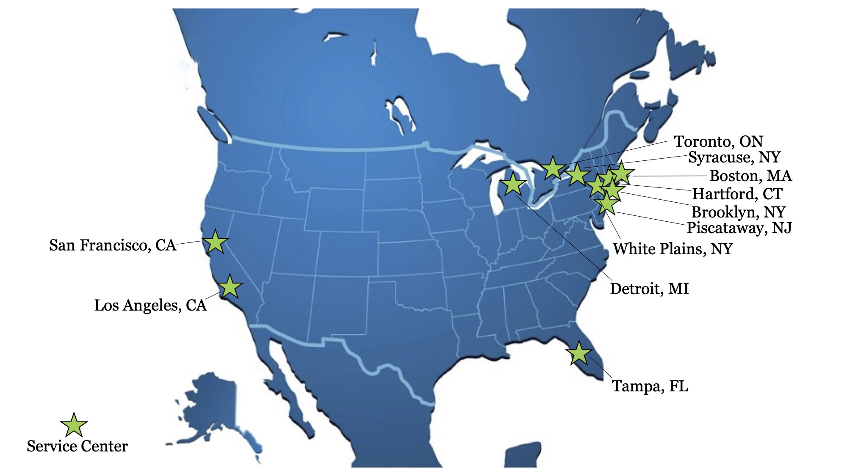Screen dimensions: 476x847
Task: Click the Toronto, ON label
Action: tap(718, 141)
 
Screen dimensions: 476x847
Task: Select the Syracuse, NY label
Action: tap(734, 157)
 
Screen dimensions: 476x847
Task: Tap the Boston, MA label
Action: tap(750, 176)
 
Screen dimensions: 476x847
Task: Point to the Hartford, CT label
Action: tap(737, 194)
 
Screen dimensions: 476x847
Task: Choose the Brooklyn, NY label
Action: tap(738, 212)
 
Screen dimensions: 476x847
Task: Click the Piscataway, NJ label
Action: tap(739, 228)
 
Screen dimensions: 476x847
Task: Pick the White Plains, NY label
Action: tap(673, 249)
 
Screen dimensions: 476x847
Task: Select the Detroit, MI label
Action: tap(649, 289)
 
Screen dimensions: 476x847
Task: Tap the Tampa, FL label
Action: tap(650, 386)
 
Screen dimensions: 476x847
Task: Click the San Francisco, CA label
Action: tap(112, 245)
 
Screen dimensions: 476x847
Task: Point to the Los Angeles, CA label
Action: tap(150, 305)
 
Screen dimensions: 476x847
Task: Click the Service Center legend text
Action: tap(77, 446)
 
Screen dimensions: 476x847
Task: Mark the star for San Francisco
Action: tap(215, 242)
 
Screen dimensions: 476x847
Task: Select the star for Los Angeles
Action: tap(230, 286)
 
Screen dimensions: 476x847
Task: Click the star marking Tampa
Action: tap(579, 354)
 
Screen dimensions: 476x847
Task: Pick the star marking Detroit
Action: tap(513, 184)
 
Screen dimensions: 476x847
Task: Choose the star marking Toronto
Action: tap(553, 168)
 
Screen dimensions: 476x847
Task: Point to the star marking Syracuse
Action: tap(577, 174)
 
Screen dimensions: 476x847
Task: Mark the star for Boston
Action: tap(622, 173)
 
